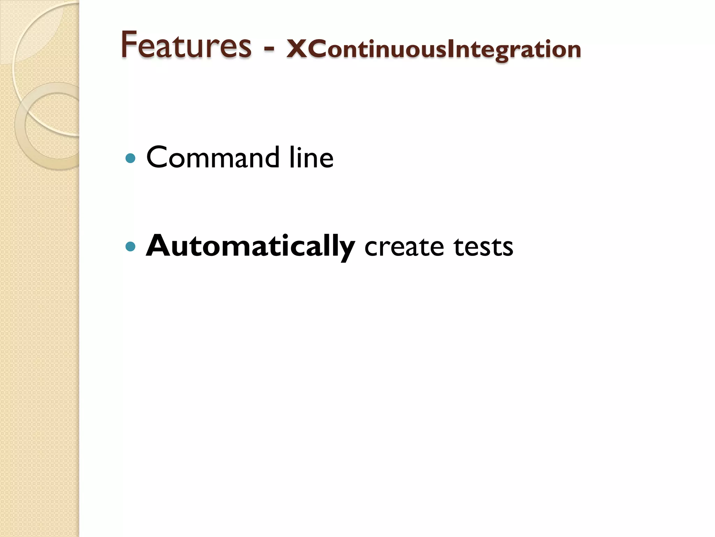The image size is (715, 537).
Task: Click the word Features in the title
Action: pos(186,45)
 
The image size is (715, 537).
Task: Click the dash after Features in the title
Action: pos(268,49)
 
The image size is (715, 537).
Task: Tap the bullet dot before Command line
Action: pos(130,158)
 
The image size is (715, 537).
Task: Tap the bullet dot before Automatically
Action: pos(130,247)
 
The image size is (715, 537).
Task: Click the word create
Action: pos(404,247)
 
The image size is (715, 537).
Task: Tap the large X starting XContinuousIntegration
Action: pos(296,49)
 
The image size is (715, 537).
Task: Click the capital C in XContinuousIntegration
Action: pos(317,49)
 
